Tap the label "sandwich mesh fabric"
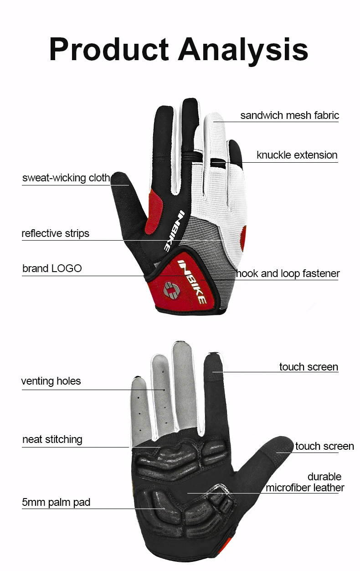pos(289,115)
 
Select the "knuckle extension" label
pos(297,155)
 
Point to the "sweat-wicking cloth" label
pos(66,177)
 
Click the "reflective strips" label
pos(55,233)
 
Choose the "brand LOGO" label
pos(52,268)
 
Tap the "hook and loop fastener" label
pos(288,273)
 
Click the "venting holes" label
pos(51,381)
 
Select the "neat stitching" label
pos(52,439)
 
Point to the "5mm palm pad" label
pos(56,502)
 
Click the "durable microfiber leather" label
pos(305,482)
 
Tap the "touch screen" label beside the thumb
pos(324,446)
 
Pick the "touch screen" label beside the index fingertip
pos(309,367)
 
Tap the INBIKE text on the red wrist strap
pos(193,282)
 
